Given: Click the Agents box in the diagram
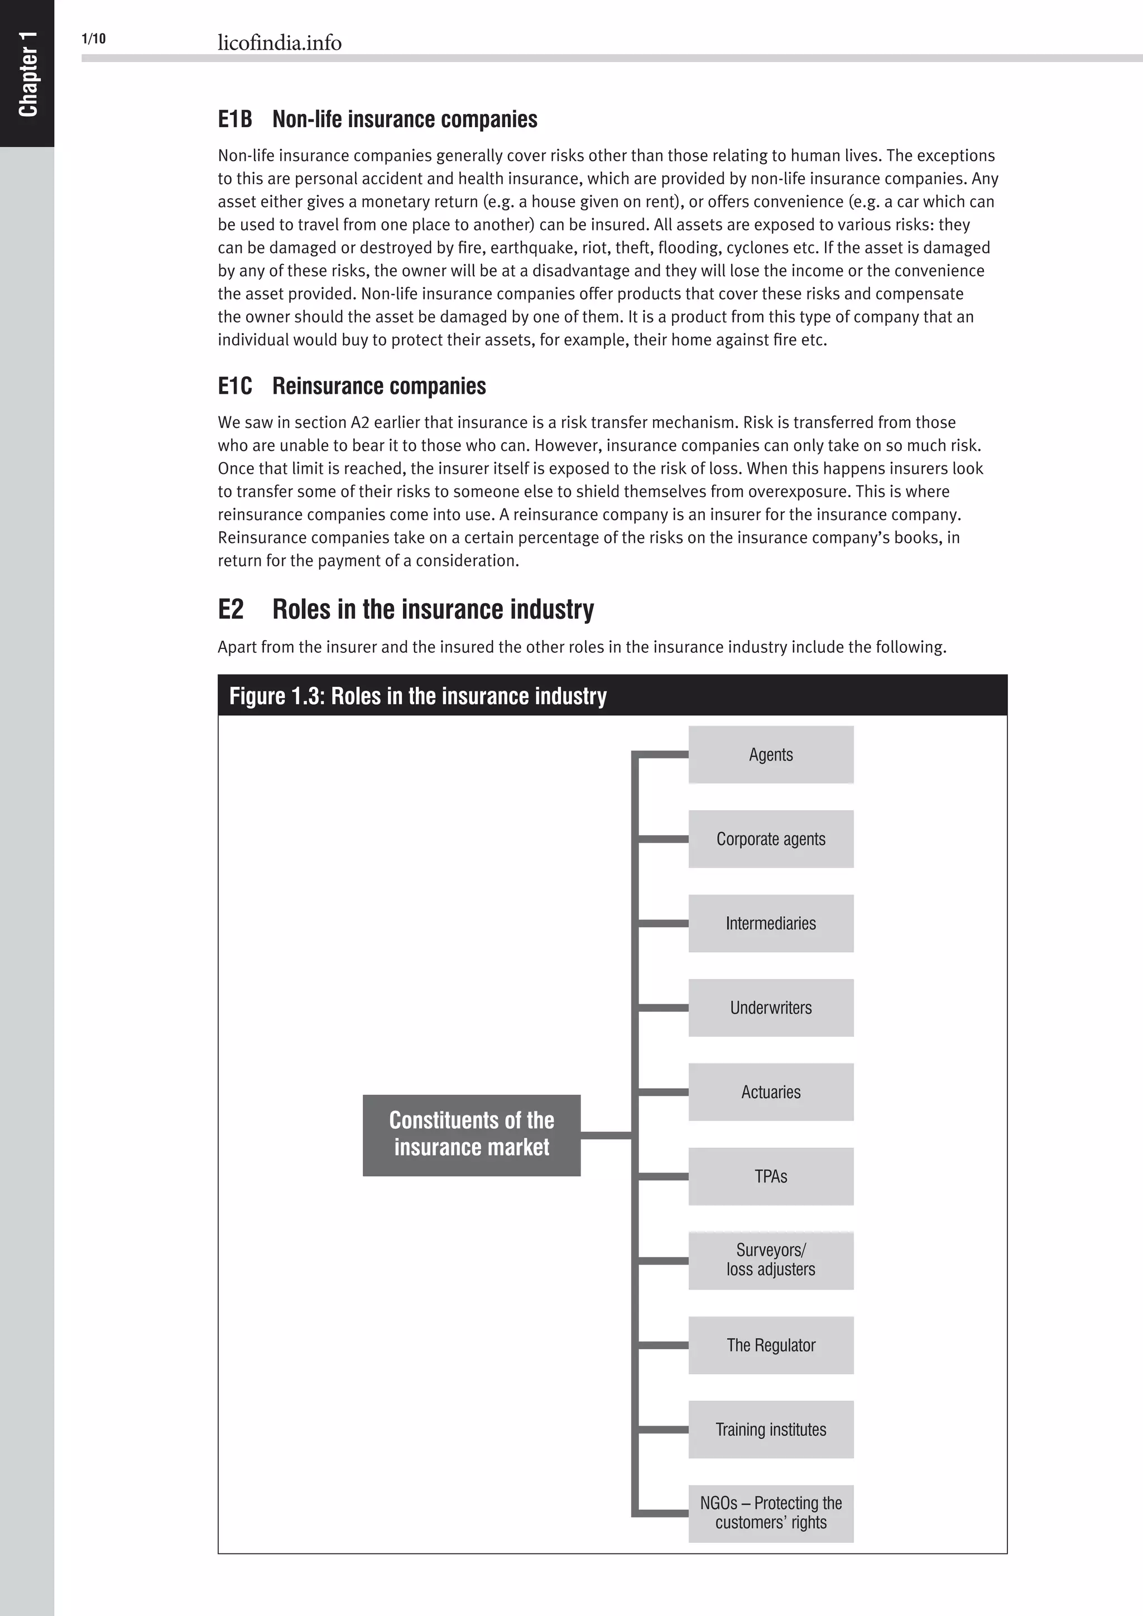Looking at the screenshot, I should pos(771,754).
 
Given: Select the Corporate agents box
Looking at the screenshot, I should pos(771,839).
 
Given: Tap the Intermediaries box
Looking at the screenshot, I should pos(771,924).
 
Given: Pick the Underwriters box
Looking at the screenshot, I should pos(771,1008).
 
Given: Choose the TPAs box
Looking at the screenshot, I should pos(771,1176).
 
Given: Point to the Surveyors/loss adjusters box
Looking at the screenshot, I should pos(771,1261).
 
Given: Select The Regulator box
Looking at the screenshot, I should pos(771,1345).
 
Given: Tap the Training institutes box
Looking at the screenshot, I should pos(771,1430).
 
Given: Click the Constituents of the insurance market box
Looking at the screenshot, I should pos(472,1134).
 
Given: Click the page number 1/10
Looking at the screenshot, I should pos(94,39).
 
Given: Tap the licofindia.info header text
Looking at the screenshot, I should pos(280,43).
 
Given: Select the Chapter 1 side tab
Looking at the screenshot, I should pos(27,73).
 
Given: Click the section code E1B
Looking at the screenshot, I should pos(234,119).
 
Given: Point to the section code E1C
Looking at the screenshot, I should pos(234,386).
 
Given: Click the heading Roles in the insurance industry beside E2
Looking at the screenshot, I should pos(433,609).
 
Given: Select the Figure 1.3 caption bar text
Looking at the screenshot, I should pos(417,696).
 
